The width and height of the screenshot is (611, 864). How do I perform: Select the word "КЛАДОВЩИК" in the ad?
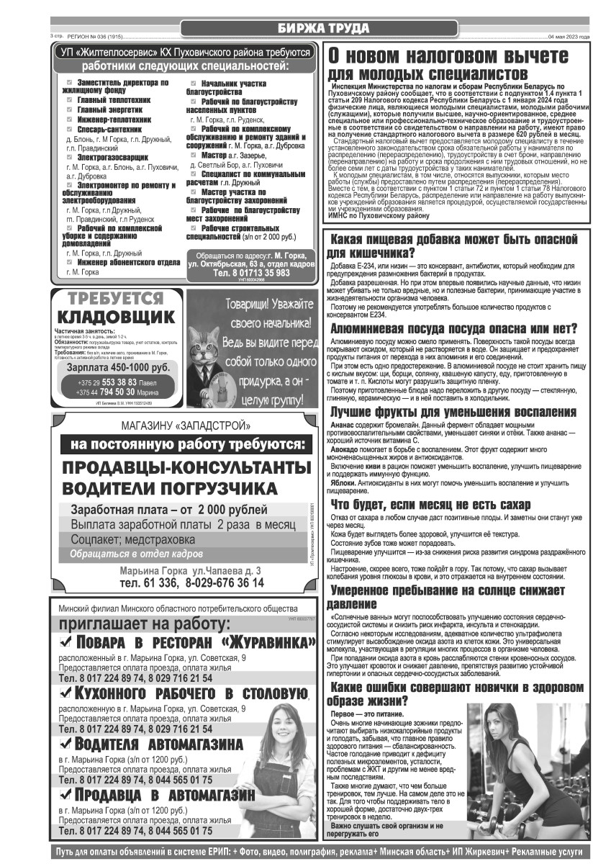click(x=115, y=318)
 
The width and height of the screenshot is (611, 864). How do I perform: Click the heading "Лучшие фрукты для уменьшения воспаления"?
click(x=453, y=413)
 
